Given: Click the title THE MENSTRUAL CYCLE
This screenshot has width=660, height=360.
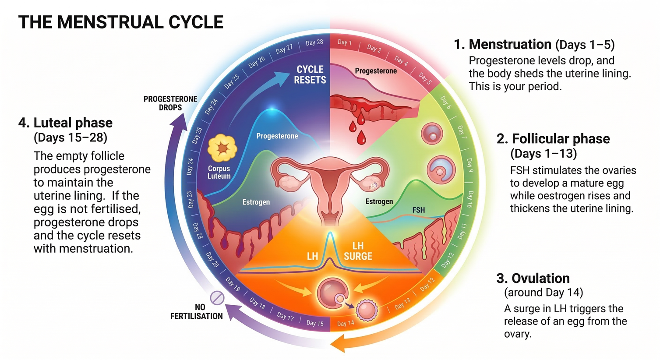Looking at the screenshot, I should point(121,22).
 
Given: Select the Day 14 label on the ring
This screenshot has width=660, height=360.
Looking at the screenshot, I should point(346,324).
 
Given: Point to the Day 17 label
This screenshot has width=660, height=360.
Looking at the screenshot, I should point(285,316).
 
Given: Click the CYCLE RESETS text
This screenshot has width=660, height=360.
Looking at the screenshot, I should point(310,74).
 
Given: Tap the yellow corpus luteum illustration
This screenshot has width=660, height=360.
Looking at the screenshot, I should point(222,149).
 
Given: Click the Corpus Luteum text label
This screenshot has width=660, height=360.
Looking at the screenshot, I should point(219,172).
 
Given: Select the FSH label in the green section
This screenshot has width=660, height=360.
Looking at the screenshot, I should point(418,210).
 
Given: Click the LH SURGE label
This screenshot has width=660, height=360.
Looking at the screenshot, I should point(358,251).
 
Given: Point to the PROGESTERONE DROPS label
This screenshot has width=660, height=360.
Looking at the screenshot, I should point(170,103).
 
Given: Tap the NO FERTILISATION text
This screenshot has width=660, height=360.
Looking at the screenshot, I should point(197,312).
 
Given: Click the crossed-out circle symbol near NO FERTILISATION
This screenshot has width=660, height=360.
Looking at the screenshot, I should point(217,298).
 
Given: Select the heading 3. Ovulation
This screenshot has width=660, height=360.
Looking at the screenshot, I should point(533,279).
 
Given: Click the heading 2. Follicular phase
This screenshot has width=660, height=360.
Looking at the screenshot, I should point(553,139).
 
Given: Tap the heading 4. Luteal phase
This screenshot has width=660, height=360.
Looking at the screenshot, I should point(65,123).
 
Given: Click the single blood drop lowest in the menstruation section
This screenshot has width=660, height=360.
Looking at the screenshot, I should point(361,138).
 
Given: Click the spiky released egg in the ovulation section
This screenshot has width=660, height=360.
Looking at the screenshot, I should point(366,310).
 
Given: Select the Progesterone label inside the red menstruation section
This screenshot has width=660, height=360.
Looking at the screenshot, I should point(376,71).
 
